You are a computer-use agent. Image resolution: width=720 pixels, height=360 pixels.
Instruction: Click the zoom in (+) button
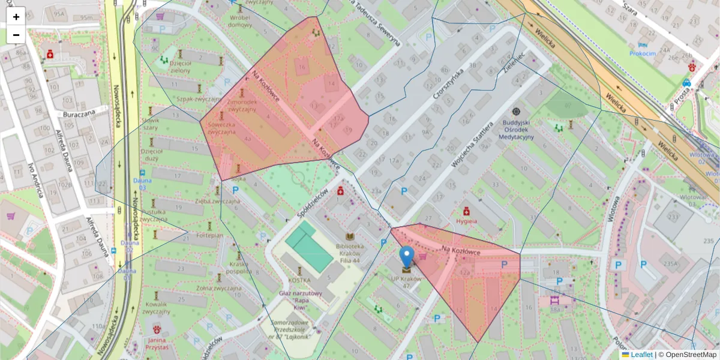pyautogui.click(x=16, y=16)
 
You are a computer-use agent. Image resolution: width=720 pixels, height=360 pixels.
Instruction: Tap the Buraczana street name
pyautogui.click(x=80, y=113)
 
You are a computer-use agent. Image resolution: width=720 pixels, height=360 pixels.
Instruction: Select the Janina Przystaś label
pyautogui.click(x=157, y=343)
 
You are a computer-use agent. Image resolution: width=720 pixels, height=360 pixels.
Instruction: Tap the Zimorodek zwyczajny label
pyautogui.click(x=242, y=106)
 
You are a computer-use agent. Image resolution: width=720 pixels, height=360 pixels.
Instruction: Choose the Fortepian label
pyautogui.click(x=210, y=235)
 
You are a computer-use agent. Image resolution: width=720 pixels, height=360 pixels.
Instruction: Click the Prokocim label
pyautogui.click(x=643, y=53)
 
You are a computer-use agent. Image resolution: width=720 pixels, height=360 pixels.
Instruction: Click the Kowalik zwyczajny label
pyautogui.click(x=157, y=307)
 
